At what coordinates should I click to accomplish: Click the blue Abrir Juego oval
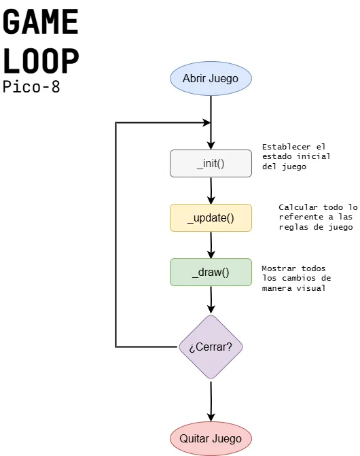point(211,78)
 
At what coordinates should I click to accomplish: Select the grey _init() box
point(211,163)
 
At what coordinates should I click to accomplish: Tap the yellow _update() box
point(211,217)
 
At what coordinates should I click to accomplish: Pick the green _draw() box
point(211,273)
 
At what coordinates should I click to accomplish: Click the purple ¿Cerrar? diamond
point(211,347)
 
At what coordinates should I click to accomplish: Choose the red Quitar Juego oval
point(211,438)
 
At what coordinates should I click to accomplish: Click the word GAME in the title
point(41,22)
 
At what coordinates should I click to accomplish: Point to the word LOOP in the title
point(41,61)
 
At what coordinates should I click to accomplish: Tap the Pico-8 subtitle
point(31,87)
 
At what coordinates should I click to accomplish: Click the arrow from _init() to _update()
point(211,190)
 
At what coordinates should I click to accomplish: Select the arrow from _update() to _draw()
point(211,245)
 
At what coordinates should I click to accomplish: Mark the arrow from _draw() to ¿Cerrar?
point(211,300)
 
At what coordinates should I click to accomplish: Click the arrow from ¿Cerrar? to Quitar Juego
point(211,401)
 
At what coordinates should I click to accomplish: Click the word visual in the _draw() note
point(310,288)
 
